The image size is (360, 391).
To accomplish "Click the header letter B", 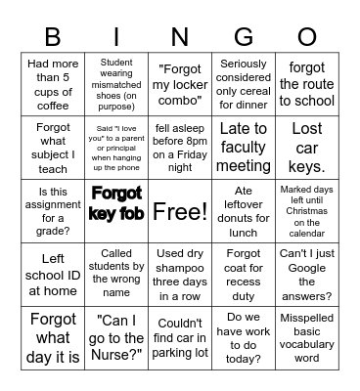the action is point(53,38).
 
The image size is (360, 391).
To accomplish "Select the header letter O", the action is point(306,38).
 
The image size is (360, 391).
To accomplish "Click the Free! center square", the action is point(180,211).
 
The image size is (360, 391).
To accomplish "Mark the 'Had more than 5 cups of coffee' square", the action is point(53,84).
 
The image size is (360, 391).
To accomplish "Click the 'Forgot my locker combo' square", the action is point(180,84).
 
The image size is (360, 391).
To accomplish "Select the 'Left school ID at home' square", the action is point(53,275).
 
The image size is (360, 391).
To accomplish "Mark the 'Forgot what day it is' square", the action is point(53,338).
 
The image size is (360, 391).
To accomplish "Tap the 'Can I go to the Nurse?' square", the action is point(116,338).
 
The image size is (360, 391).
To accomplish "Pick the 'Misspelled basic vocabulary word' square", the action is point(306,338).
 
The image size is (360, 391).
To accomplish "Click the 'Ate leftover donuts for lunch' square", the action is point(243,211).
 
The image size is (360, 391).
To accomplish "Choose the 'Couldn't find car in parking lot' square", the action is point(180,338).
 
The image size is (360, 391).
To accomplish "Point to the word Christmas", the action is point(306,211).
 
